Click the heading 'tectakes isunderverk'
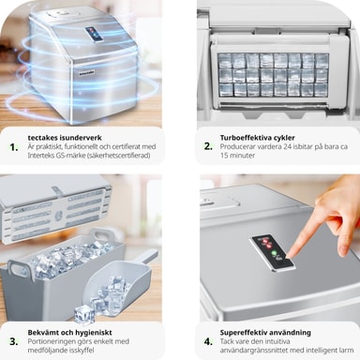[65, 138]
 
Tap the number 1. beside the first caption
[14, 147]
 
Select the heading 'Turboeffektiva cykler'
[257, 138]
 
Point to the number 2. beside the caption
[208, 146]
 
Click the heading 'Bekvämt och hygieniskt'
[69, 333]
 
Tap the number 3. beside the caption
[14, 341]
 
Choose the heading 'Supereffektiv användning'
[265, 333]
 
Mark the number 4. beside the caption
[208, 341]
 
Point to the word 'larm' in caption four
[347, 351]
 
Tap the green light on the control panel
[275, 253]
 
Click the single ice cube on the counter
[84, 314]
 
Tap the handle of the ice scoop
[147, 258]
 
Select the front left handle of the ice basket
[20, 269]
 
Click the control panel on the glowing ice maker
[94, 34]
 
